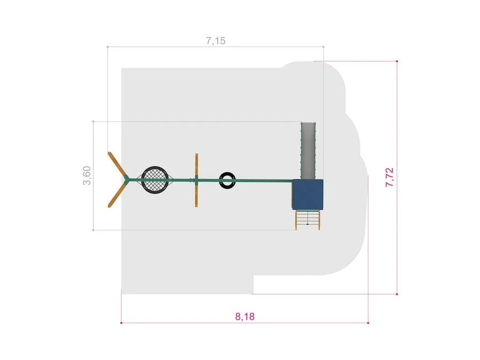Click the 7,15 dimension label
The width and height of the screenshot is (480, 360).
(215, 41)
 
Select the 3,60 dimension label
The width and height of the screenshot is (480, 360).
(87, 175)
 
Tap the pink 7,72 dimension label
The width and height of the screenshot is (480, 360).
(389, 177)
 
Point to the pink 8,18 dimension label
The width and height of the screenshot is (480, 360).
(245, 316)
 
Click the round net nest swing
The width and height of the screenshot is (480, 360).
(155, 180)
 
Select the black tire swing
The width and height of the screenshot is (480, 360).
(227, 180)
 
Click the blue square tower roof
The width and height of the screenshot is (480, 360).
(307, 194)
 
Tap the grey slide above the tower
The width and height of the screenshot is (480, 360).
(308, 150)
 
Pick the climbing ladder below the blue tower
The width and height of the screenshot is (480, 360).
(307, 220)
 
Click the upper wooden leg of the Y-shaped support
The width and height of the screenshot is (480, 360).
(117, 164)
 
